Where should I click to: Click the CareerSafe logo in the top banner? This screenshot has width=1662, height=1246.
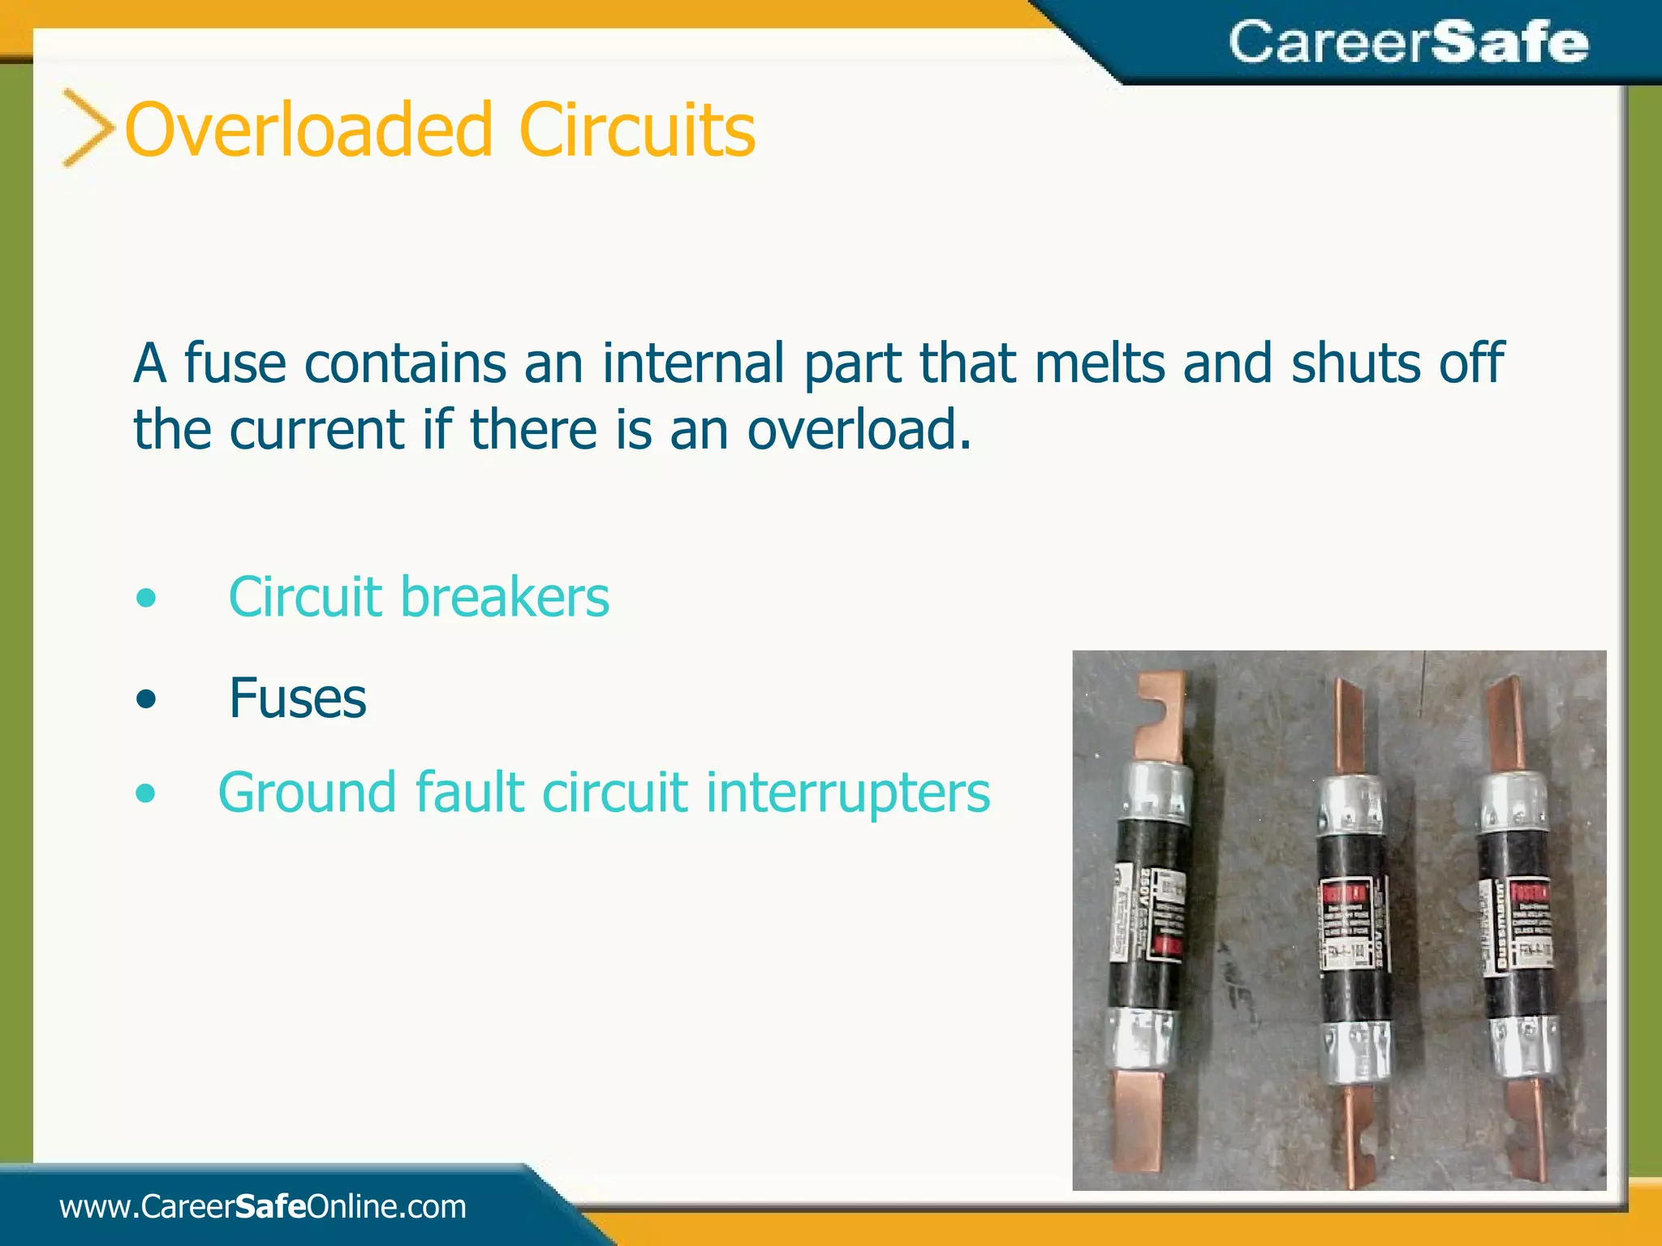[1408, 42]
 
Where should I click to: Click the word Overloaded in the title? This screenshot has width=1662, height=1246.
[308, 130]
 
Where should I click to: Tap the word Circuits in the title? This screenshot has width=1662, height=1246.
[637, 130]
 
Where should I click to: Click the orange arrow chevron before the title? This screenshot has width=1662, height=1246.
[88, 128]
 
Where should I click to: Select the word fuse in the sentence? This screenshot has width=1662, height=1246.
[235, 363]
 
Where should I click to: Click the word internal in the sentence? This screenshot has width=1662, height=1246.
[693, 363]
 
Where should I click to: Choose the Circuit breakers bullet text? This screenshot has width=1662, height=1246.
[419, 597]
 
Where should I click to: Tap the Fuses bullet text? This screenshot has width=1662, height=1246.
[298, 698]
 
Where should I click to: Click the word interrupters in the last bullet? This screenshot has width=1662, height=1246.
[848, 792]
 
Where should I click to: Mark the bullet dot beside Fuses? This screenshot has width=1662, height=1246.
[146, 698]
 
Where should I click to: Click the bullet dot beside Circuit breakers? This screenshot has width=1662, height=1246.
[146, 599]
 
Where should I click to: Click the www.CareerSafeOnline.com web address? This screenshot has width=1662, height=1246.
[263, 1206]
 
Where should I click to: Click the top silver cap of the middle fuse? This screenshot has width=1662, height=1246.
[1350, 803]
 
